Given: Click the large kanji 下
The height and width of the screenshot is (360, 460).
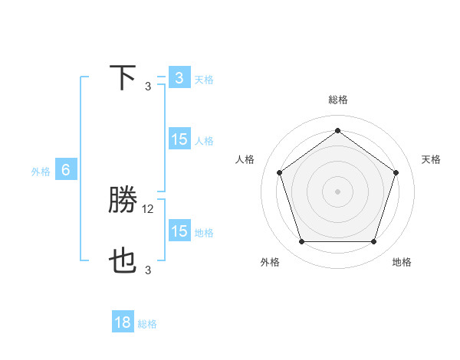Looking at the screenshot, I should [123, 78].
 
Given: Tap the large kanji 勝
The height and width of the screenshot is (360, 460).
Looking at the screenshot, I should [123, 201].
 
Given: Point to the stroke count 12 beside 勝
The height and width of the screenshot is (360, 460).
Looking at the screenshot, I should [149, 208].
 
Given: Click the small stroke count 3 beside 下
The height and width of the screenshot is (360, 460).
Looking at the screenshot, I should [148, 86].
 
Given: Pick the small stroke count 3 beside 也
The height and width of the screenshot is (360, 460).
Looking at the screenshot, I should [148, 270].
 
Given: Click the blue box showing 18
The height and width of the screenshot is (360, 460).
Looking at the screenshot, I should [123, 322].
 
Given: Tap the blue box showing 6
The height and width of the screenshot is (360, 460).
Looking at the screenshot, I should [66, 170].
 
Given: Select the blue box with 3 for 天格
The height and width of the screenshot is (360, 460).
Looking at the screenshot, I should [179, 77].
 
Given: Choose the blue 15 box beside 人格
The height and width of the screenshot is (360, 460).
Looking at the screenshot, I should [179, 139].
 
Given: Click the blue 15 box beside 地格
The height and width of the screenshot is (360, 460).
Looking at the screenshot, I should [179, 231].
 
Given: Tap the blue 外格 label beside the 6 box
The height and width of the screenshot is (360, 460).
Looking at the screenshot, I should [41, 172].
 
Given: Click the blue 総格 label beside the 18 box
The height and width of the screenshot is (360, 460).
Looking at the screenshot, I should [147, 324].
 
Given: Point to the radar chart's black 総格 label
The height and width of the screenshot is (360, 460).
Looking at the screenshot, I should [337, 100].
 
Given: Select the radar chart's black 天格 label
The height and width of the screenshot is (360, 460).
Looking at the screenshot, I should [431, 159].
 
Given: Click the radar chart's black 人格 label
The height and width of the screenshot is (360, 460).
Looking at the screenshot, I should [245, 159].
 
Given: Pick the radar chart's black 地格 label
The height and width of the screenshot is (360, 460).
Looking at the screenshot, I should [402, 262].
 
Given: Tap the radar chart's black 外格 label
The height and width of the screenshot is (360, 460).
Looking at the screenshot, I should [270, 262].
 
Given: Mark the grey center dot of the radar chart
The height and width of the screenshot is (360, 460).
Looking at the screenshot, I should [337, 191].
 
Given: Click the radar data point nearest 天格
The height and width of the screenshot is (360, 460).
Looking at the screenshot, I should [396, 172].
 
